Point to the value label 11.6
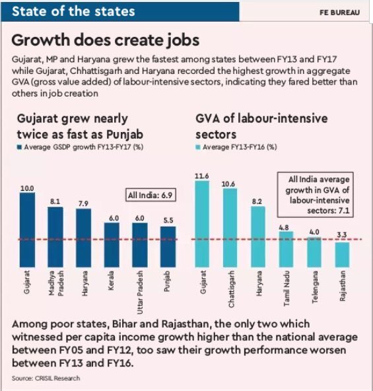tap(201, 175)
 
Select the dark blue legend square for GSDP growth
tap(19, 146)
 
